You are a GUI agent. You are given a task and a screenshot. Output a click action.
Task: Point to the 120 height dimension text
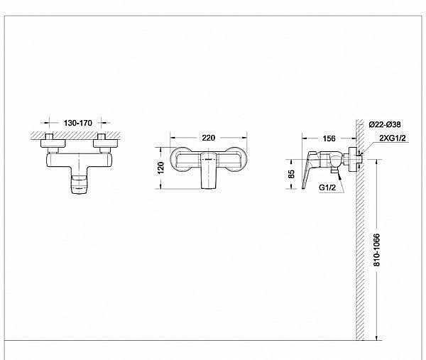tap(161, 168)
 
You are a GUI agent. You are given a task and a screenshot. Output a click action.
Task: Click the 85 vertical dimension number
tap(292, 173)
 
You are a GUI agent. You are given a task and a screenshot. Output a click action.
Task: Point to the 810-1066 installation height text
tap(377, 250)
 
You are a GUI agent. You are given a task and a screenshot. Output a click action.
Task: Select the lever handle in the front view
tap(209, 170)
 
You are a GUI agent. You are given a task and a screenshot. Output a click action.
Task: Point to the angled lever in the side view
tap(310, 170)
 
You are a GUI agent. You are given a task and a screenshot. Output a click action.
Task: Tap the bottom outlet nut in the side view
tap(334, 172)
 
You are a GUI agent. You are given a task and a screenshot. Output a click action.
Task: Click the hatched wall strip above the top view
tap(76, 134)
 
